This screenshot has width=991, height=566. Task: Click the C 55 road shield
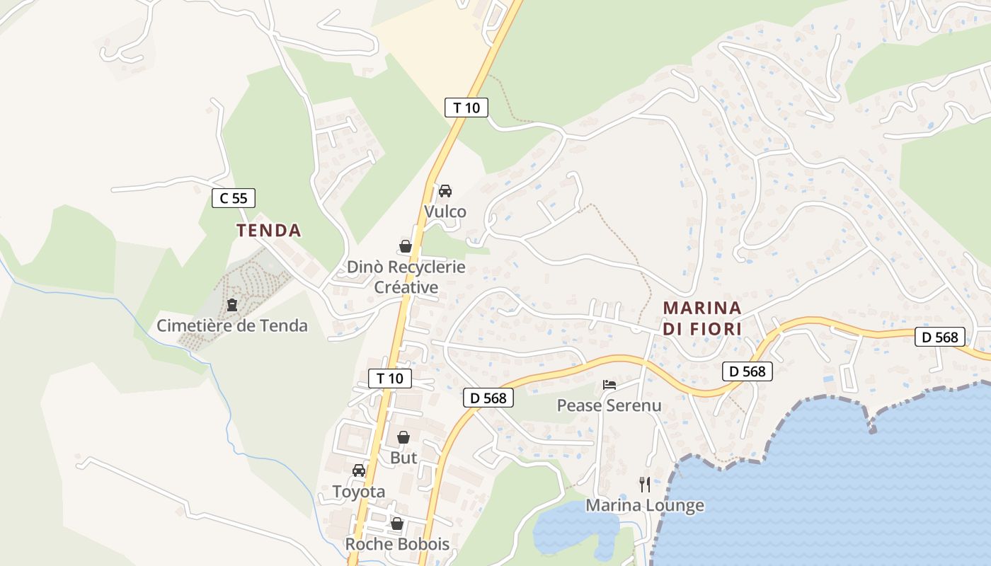coord(234,198)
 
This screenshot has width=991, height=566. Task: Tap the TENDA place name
coord(269,230)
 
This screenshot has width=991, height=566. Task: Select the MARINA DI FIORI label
coord(702,318)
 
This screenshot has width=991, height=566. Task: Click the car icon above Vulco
coord(445,191)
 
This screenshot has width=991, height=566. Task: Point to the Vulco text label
coord(445,212)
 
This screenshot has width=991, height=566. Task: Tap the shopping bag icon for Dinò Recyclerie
coord(406,246)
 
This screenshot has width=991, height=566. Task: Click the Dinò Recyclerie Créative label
coord(406,277)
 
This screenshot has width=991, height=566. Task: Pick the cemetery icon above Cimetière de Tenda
coord(231,306)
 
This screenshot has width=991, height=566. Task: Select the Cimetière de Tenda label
coord(232,325)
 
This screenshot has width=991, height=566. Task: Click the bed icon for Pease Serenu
coord(609,385)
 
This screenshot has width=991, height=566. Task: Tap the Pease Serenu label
coord(609,405)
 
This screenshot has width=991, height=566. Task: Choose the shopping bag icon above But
coord(403,437)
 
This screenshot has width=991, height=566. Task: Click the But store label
coord(403,458)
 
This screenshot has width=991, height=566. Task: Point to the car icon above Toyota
coord(359,470)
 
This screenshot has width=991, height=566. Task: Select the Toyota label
coord(359,492)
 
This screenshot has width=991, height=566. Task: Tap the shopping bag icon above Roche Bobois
coord(397,524)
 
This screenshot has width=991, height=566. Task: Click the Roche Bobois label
coord(397,544)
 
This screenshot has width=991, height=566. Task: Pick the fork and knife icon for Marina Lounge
coord(645,485)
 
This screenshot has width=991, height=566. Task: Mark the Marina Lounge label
coord(645,505)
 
